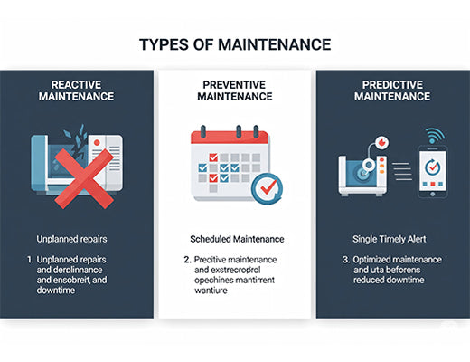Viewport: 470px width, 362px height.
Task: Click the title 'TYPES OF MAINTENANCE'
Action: point(235,44)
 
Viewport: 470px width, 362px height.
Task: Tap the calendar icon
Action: point(230,164)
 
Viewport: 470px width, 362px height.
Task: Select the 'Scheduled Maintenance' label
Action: point(235,239)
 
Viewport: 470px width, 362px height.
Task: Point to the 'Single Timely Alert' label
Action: point(390,239)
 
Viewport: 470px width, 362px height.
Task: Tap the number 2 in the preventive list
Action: point(186,260)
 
